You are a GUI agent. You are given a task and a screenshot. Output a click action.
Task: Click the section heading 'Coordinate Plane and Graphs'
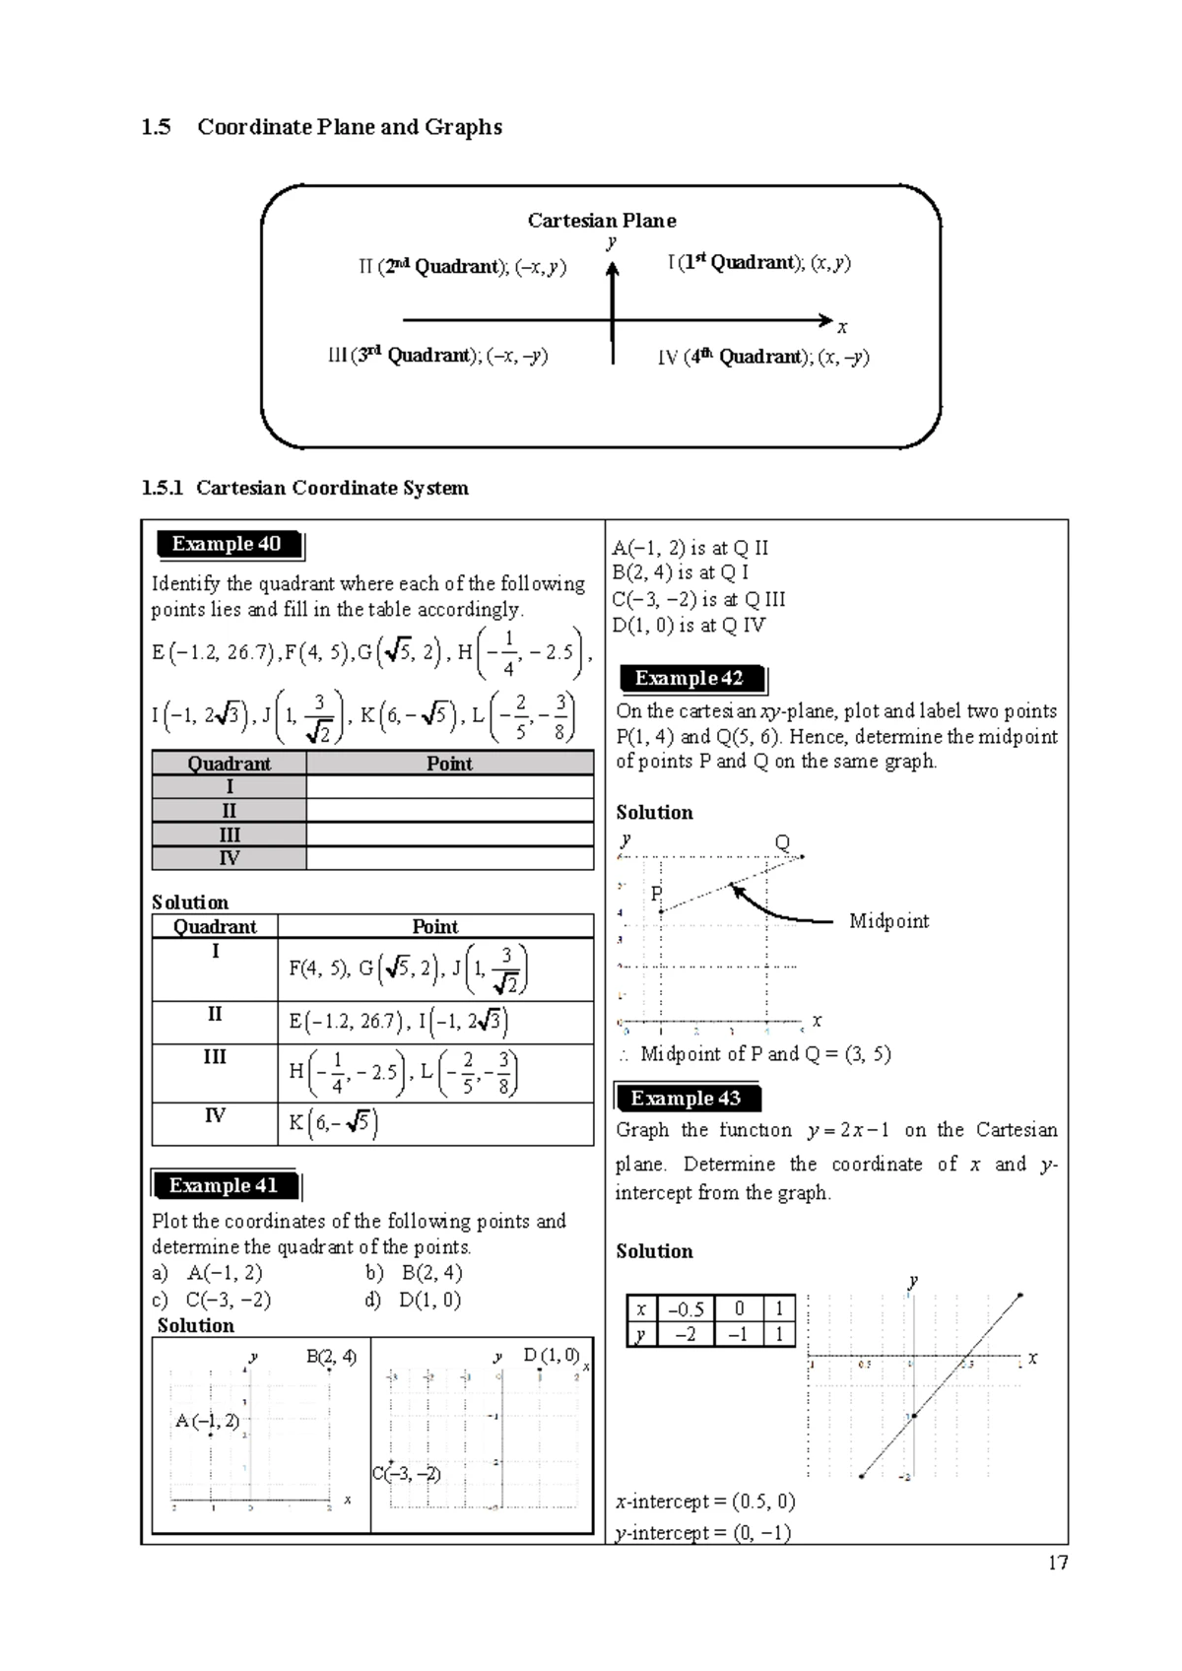(349, 127)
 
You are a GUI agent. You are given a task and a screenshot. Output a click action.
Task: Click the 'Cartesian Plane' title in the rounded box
(601, 220)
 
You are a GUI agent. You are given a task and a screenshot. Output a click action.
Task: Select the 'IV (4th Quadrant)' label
(763, 358)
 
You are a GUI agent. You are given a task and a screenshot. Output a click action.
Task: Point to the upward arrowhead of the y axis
(613, 269)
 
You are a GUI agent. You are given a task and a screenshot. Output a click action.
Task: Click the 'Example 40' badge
(228, 544)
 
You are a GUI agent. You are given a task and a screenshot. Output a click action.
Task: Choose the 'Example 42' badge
(689, 678)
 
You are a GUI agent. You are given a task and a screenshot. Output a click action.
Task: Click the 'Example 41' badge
(224, 1185)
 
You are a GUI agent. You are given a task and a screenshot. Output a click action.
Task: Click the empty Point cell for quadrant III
(449, 835)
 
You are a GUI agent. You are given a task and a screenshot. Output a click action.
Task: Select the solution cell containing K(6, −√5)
(434, 1123)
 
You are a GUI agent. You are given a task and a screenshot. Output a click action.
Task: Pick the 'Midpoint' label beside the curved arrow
(888, 921)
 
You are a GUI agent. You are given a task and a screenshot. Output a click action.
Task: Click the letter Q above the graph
(782, 843)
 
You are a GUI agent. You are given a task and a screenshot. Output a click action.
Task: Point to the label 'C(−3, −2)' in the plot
(406, 1474)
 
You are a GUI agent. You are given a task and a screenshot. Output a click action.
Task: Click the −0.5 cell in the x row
(685, 1308)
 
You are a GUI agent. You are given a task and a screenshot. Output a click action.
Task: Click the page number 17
(1058, 1563)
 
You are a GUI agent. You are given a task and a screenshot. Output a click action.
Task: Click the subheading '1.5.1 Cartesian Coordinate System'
(305, 488)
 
